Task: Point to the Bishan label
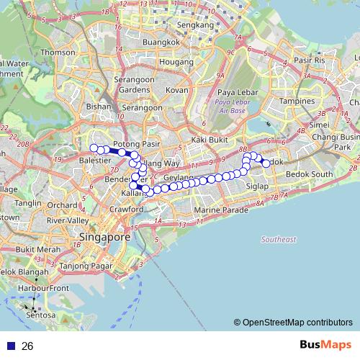(99, 106)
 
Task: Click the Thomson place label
(58, 53)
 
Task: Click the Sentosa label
(40, 315)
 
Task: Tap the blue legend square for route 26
(9, 346)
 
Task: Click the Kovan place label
(177, 90)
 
